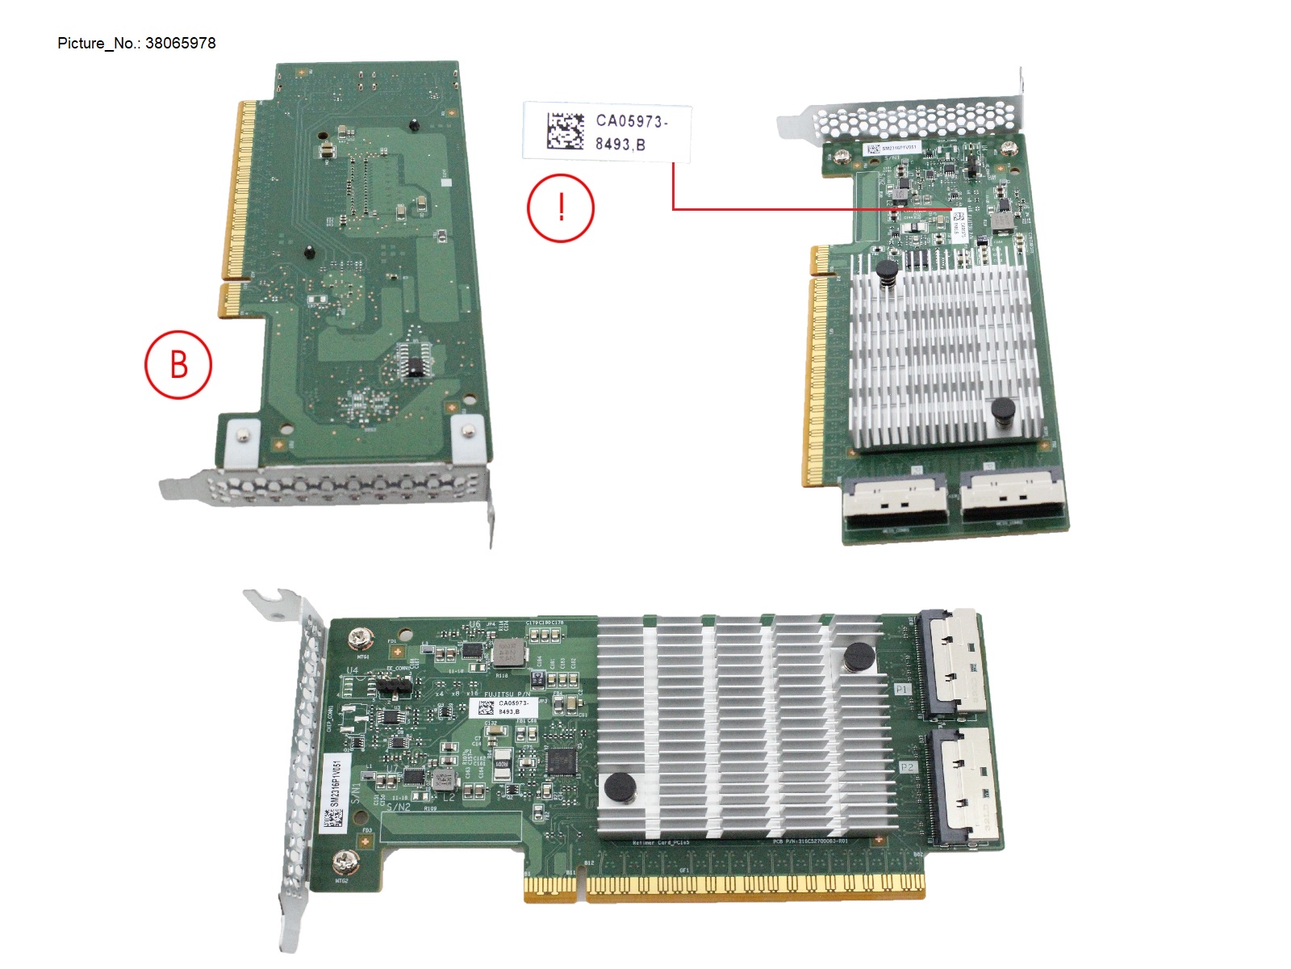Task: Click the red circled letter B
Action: pos(178,364)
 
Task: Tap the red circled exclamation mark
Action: pos(561,208)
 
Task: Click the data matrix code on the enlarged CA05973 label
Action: pos(565,132)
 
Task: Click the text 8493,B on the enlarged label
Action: pos(620,145)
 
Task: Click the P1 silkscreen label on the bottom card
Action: pos(901,689)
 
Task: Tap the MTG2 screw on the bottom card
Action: pos(345,863)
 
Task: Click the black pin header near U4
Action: pos(394,688)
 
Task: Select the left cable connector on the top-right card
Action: pos(895,504)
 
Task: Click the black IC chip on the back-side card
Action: pos(417,363)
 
